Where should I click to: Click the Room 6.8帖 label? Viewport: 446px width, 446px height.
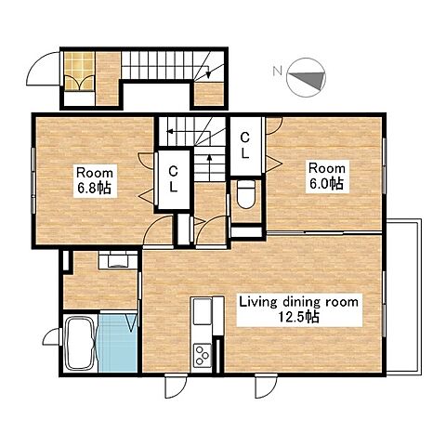pyautogui.click(x=95, y=180)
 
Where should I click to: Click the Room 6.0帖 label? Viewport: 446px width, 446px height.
pyautogui.click(x=327, y=177)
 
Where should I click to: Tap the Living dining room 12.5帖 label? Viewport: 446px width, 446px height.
pyautogui.click(x=299, y=309)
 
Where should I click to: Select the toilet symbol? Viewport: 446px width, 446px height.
pyautogui.click(x=246, y=194)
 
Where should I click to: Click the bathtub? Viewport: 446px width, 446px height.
pyautogui.click(x=80, y=344)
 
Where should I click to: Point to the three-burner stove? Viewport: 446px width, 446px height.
pyautogui.click(x=202, y=356)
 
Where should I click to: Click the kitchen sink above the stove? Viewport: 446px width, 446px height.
pyautogui.click(x=202, y=311)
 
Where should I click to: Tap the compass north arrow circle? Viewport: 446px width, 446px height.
pyautogui.click(x=306, y=78)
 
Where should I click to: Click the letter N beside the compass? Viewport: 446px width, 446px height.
pyautogui.click(x=277, y=72)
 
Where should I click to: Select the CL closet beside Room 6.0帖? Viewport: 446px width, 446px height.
pyautogui.click(x=245, y=146)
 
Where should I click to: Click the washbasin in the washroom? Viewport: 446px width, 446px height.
pyautogui.click(x=118, y=260)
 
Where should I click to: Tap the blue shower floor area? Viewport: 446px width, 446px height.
pyautogui.click(x=118, y=343)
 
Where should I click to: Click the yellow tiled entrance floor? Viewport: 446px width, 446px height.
pyautogui.click(x=79, y=72)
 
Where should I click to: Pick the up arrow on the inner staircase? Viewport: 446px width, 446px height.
pyautogui.click(x=209, y=167)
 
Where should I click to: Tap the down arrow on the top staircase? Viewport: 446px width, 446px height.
pyautogui.click(x=208, y=69)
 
